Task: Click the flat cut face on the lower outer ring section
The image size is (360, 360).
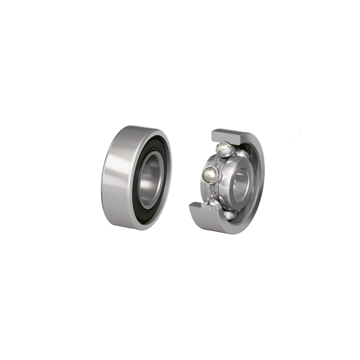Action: (204, 207)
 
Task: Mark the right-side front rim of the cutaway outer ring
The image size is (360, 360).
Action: (262, 176)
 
